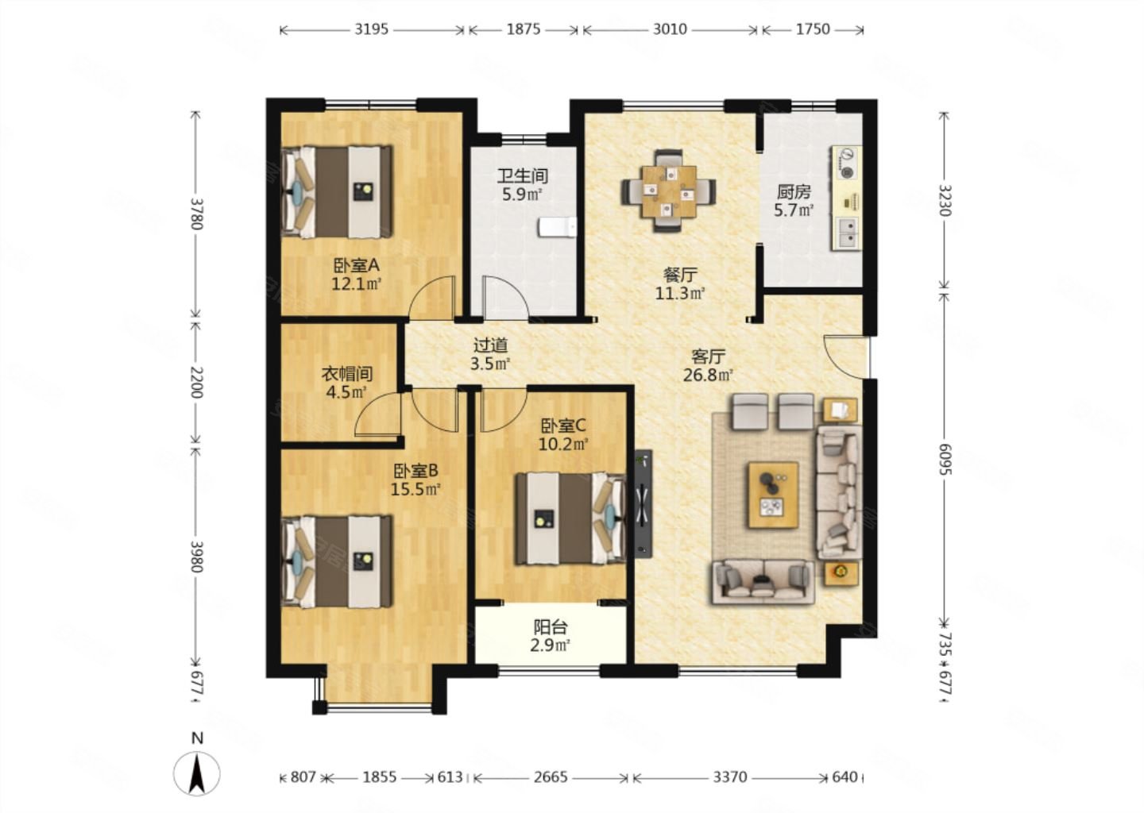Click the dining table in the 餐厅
(669, 191)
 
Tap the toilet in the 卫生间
(557, 228)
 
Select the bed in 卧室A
(337, 192)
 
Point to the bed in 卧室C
(570, 518)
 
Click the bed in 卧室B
(337, 562)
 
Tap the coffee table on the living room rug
(773, 495)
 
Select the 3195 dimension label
(372, 29)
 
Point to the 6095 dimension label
(945, 459)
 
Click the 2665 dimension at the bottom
(551, 777)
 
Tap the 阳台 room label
(551, 626)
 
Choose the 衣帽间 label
(346, 374)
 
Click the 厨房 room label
(794, 192)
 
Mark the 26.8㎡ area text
(709, 375)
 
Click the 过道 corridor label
(490, 345)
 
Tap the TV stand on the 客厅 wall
(643, 503)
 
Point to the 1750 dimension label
(813, 29)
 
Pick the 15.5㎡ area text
(415, 489)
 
